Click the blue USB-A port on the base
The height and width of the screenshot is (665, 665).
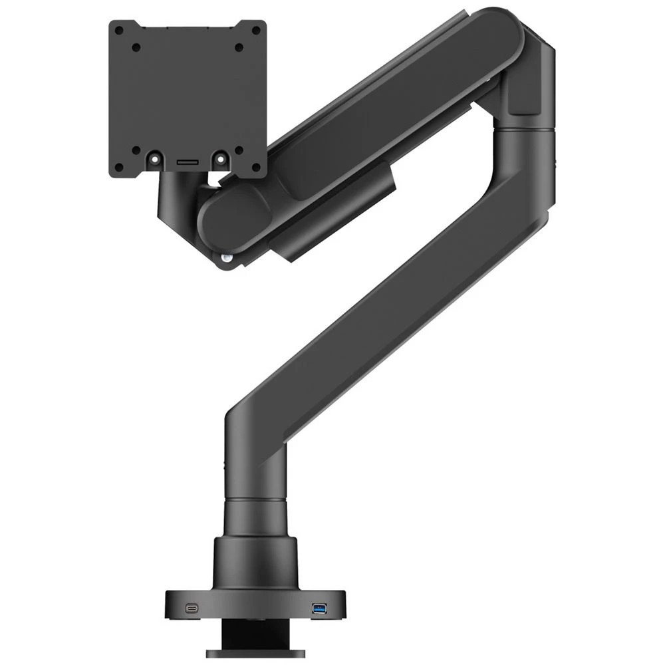[x=319, y=608]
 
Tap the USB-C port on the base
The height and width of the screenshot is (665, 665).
[x=192, y=608]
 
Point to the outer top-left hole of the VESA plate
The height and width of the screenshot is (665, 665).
[x=119, y=31]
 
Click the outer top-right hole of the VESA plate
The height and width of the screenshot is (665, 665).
[x=256, y=31]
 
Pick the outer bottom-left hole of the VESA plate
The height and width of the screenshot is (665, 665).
[x=119, y=167]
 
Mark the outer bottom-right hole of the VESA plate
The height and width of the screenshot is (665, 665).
[x=256, y=167]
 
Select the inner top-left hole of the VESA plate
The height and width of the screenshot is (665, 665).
[x=136, y=48]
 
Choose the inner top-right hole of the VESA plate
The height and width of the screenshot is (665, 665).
[x=239, y=48]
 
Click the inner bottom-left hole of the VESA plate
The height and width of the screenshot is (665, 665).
[x=136, y=150]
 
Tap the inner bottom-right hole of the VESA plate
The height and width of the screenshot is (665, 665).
[x=239, y=150]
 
